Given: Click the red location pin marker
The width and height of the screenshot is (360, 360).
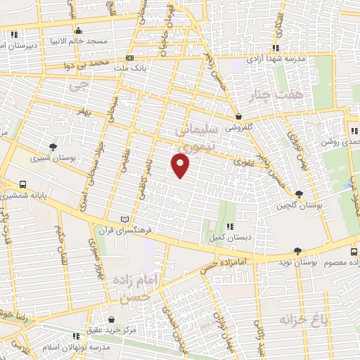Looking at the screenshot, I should coord(181,165).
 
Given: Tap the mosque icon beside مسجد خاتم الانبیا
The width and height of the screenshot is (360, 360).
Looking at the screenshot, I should coord(78,30).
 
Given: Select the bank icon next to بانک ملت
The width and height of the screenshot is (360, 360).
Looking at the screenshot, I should coord(129,58).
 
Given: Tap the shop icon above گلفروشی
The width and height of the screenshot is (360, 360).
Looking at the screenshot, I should coord(240,117).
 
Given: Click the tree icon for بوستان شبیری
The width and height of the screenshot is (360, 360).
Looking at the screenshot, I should coord(53,148).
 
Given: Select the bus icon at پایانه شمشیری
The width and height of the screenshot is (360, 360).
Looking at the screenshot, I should coord(23,185).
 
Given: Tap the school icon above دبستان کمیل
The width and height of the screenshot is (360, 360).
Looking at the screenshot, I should coord(230,226).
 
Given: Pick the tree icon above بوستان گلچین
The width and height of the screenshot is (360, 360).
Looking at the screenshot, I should coord(300,194).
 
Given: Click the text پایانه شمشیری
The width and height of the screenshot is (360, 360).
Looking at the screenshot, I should coord(55,195).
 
